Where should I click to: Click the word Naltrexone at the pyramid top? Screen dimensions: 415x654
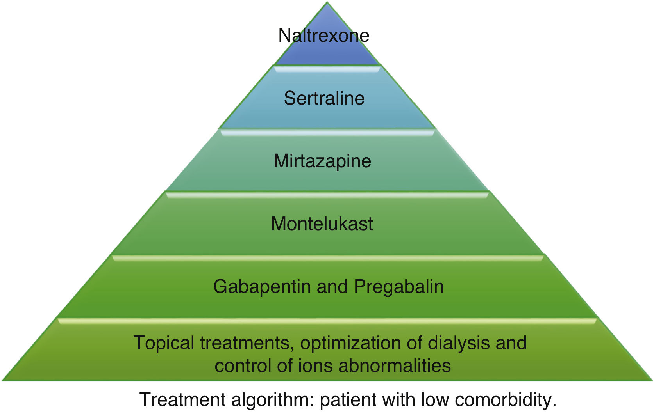(323, 35)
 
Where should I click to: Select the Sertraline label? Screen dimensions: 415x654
(324, 98)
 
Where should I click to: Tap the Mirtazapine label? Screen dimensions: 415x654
(322, 161)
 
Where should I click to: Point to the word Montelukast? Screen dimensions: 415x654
(322, 224)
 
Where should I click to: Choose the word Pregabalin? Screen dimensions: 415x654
(398, 287)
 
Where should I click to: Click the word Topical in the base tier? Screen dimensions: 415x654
(164, 343)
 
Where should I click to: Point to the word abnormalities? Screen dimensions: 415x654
(395, 366)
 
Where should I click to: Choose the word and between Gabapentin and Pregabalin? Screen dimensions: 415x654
(332, 287)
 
